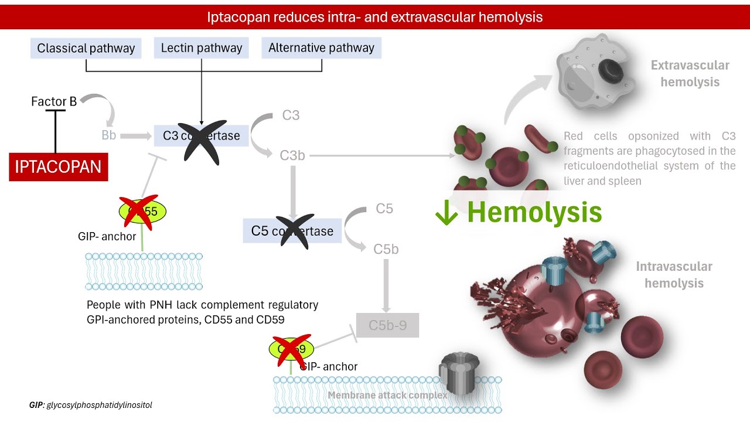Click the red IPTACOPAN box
coord(59,166)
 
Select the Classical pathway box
coord(86,48)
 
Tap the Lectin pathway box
coord(202,48)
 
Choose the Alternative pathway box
coord(321,48)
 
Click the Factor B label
coord(54,102)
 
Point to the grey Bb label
coord(108,135)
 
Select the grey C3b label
coord(292,156)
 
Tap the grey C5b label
coord(386,249)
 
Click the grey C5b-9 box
coord(388,325)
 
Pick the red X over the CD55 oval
coord(139,211)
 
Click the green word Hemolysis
coord(534,212)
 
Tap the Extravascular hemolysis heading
coord(690,74)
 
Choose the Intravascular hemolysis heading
coord(674,275)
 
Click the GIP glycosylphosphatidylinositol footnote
coord(91,405)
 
